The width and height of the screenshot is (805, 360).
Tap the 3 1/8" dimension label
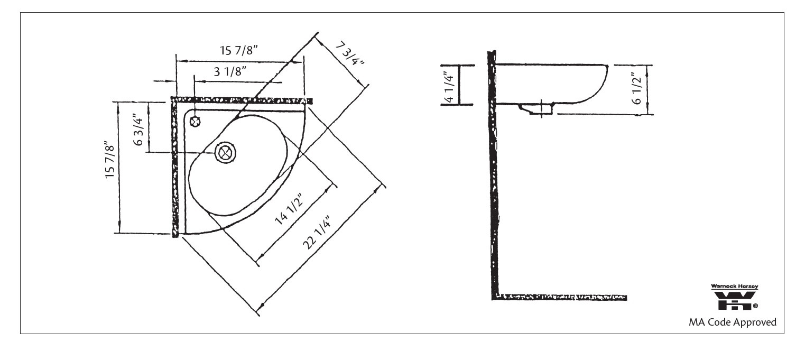point(231,72)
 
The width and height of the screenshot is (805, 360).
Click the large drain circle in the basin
point(226,153)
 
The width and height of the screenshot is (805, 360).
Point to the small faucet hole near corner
point(195,122)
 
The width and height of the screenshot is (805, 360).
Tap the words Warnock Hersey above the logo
point(734,287)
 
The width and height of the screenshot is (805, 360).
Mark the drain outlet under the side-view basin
point(540,109)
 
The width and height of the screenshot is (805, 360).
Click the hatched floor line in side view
point(560,297)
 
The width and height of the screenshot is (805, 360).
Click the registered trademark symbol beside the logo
point(755,306)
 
